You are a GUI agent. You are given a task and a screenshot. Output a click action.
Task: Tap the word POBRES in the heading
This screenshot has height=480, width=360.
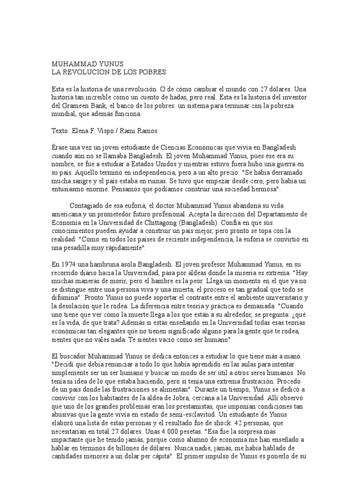tap(151, 73)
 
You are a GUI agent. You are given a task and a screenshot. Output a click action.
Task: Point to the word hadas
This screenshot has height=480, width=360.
tap(175, 97)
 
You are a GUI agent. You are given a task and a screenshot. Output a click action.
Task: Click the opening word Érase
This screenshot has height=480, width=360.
tap(60, 147)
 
